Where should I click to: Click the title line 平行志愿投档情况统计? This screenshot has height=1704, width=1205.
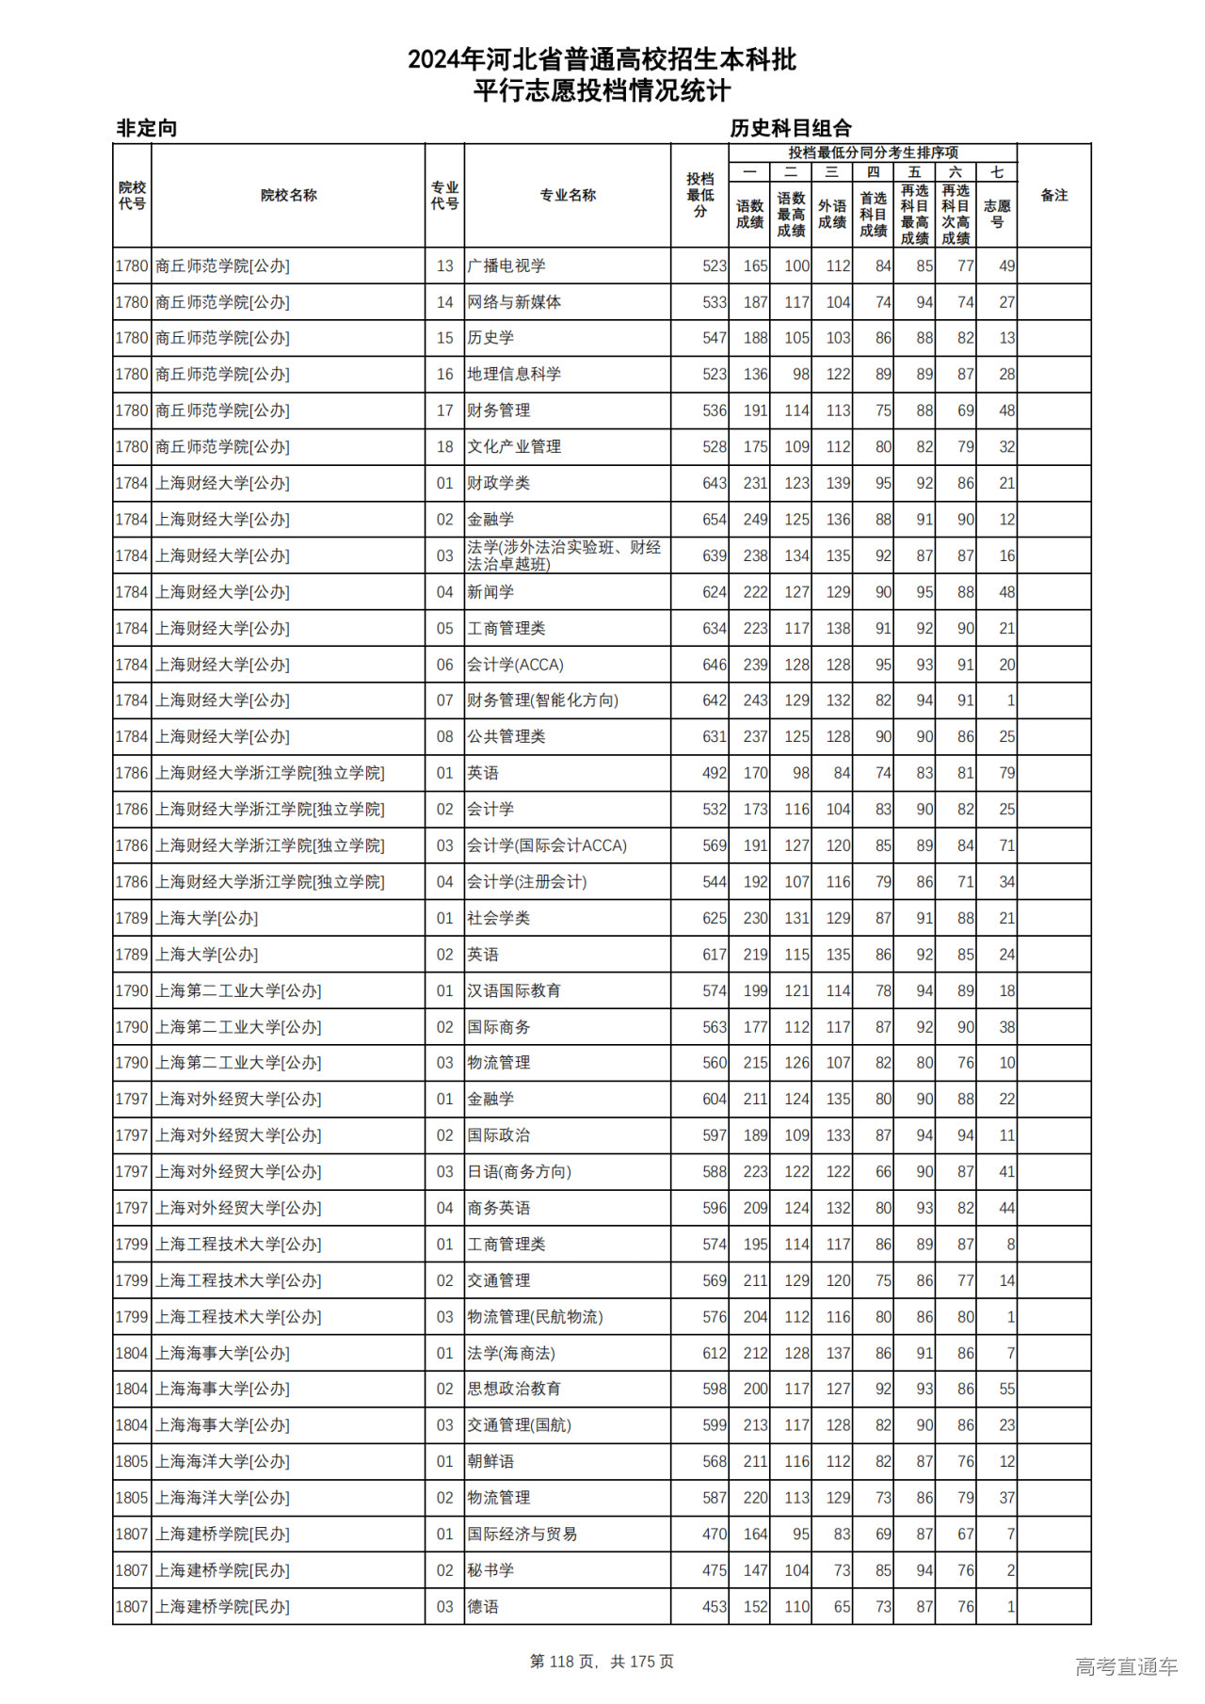pos(602,91)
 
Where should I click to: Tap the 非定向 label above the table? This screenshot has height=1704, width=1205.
pos(147,128)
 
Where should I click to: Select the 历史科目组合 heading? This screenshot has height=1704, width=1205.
pos(791,128)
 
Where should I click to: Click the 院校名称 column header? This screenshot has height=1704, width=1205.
pos(288,195)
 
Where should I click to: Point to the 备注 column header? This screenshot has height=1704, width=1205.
pos(1053,195)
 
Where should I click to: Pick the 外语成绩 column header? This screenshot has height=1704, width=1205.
pos(831,214)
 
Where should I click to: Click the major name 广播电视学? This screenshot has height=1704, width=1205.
pos(506,266)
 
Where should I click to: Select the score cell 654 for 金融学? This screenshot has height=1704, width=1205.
pos(714,520)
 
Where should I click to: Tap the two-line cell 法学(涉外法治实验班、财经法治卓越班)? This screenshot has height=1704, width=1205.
pos(564,555)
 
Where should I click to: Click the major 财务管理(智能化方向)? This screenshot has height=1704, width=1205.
pos(542,700)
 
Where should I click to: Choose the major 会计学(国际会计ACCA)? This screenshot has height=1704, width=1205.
pos(547,845)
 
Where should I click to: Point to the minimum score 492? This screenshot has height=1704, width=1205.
pos(714,773)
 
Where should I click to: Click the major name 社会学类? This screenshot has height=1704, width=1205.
pos(499,918)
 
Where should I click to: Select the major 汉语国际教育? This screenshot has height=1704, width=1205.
pos(514,990)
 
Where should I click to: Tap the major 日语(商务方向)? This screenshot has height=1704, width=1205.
pos(519,1172)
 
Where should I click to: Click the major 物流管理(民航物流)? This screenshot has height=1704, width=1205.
pos(535,1317)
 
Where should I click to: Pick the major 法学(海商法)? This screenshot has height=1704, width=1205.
pos(511,1353)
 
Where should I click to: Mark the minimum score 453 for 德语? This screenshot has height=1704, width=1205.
pos(714,1607)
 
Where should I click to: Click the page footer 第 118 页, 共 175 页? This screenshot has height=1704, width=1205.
pos(602,1662)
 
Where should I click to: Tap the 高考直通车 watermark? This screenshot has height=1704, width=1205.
pos(1126,1666)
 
